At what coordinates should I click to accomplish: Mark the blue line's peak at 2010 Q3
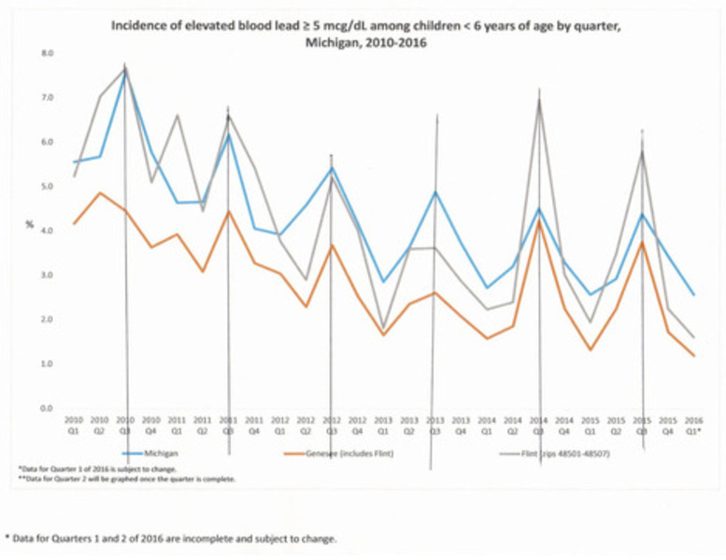125,72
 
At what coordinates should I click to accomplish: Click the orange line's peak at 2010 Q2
100,193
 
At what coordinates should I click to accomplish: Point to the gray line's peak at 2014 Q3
539,101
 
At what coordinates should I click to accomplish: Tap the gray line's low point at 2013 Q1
383,329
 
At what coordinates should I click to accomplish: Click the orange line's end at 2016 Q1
694,356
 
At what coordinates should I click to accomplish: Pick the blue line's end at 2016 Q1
694,295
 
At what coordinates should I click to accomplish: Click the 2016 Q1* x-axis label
694,426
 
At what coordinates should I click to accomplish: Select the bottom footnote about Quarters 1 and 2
171,539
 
